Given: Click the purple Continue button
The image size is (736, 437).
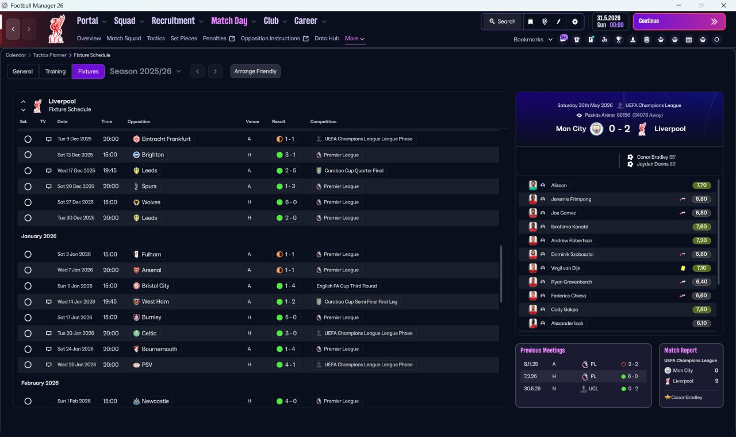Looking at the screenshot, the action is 679,21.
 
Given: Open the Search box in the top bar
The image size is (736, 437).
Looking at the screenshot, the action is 503,21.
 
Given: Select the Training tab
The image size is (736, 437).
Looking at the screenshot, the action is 55,71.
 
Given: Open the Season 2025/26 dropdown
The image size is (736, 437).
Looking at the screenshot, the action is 145,71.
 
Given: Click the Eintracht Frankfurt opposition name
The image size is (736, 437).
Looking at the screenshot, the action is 166,139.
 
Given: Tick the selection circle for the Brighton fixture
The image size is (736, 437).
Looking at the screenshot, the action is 28,155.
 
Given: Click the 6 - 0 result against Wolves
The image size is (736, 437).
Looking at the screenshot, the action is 290,202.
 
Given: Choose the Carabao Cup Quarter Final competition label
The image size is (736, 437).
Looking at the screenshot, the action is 354,171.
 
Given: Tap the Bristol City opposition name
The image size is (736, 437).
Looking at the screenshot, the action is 155,286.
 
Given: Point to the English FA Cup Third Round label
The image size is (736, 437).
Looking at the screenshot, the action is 346,286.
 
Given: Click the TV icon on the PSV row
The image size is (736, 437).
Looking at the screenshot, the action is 49,365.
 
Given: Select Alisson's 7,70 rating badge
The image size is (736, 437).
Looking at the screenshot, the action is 701,185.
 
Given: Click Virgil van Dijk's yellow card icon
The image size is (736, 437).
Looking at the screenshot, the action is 683,268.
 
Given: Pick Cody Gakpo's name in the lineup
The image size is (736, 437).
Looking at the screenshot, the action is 564,309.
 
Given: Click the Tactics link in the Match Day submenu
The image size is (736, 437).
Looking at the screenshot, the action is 156,39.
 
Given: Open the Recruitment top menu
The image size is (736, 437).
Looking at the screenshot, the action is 173,21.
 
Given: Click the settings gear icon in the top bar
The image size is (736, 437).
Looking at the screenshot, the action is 574,21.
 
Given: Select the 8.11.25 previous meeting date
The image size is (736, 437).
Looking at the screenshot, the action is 531,364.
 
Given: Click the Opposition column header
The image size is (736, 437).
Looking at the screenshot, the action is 139,121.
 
